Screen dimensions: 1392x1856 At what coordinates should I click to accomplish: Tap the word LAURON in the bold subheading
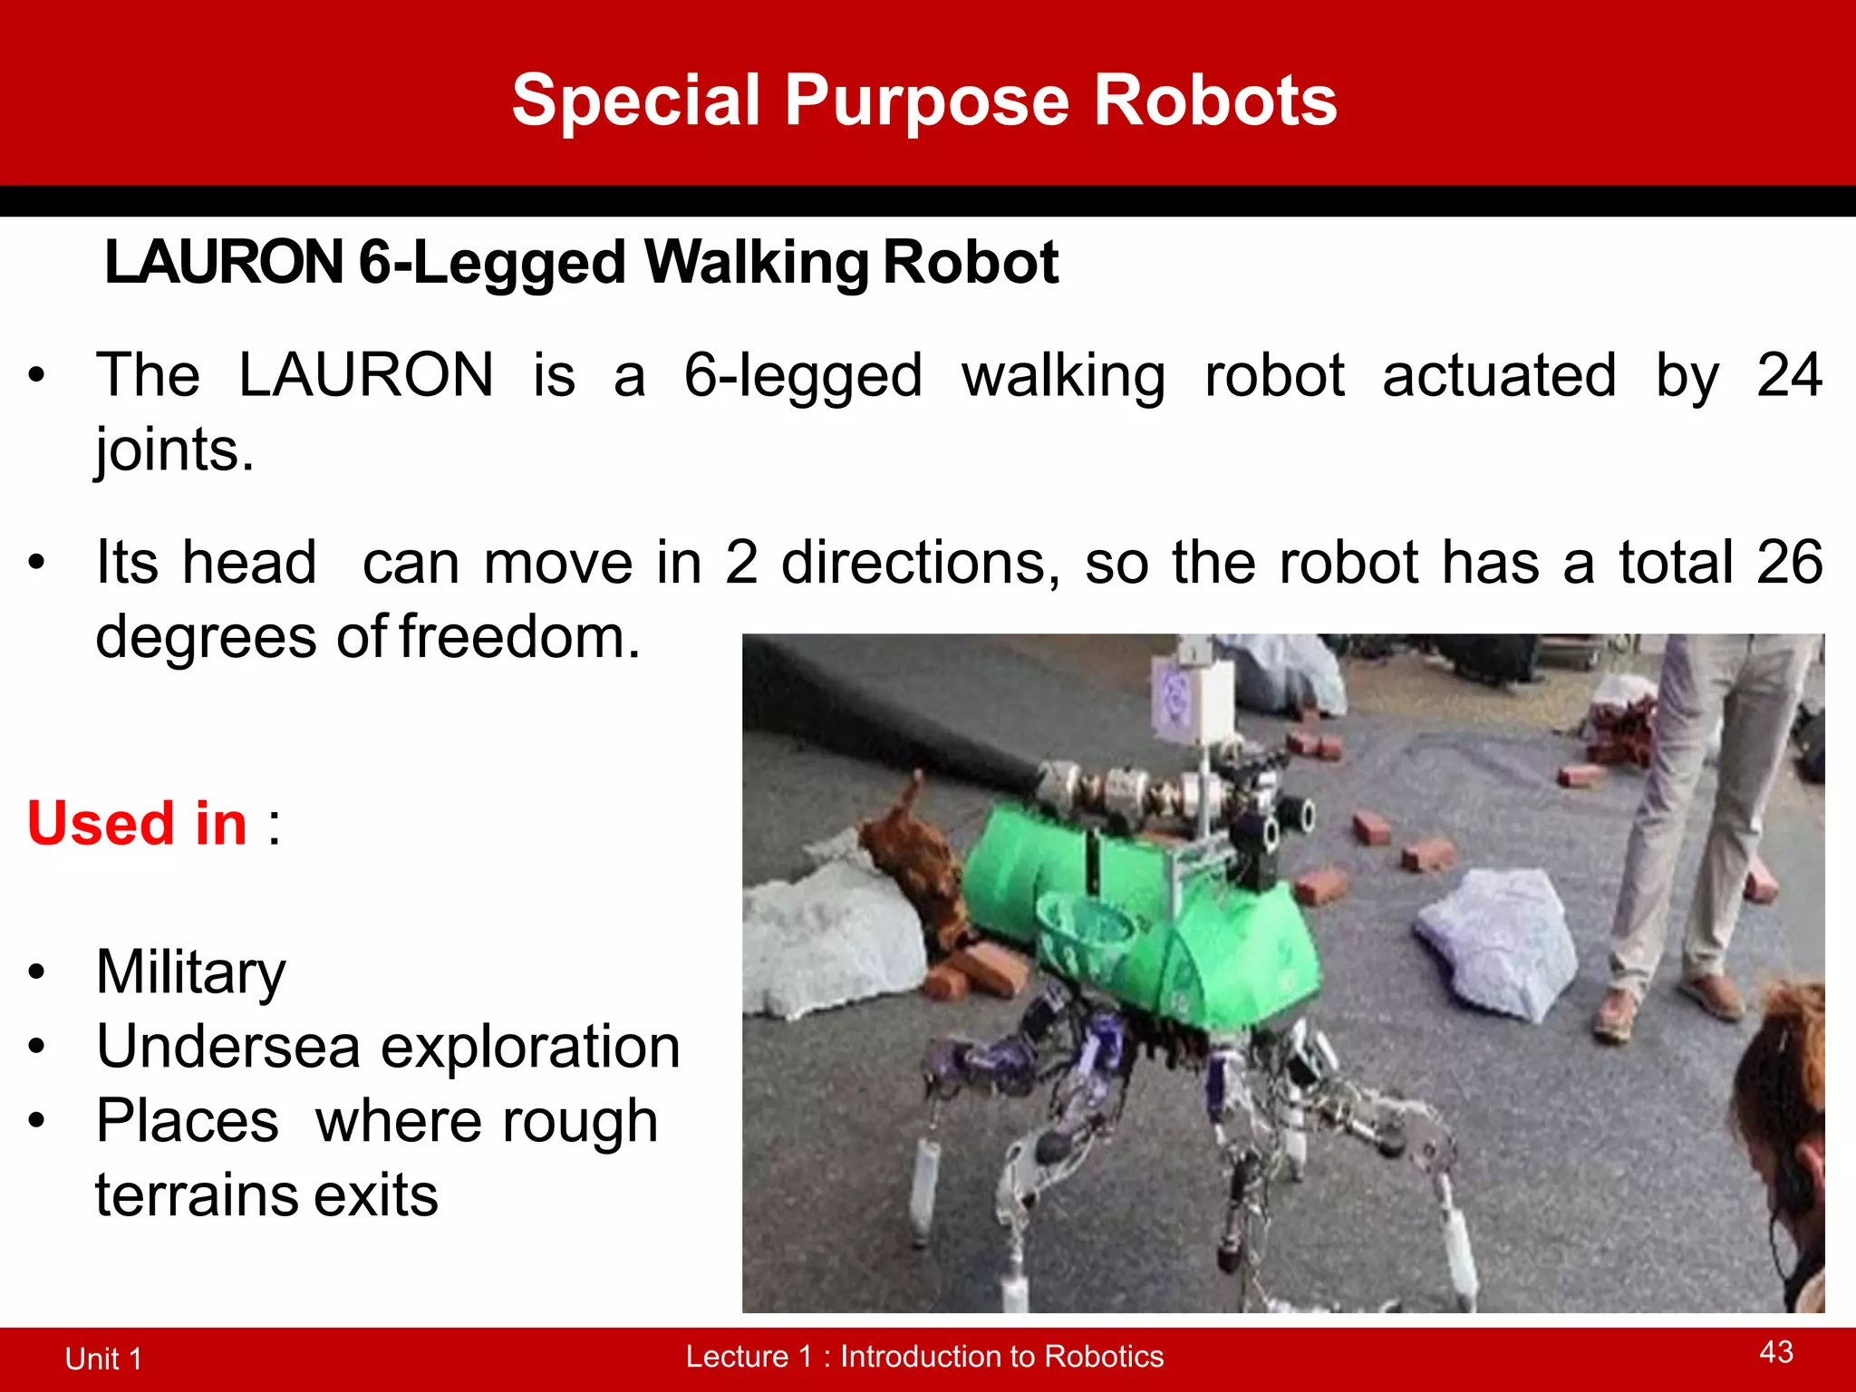click(x=224, y=263)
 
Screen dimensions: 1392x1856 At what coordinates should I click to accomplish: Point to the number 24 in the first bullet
click(x=1789, y=375)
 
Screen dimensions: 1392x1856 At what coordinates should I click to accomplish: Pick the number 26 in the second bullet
click(x=1789, y=563)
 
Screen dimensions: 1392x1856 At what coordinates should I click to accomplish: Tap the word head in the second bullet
click(x=249, y=563)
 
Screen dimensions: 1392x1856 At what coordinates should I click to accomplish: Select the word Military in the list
click(x=191, y=972)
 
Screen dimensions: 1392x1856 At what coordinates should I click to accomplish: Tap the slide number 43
click(x=1776, y=1352)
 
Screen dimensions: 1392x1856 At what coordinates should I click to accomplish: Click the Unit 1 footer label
click(x=103, y=1358)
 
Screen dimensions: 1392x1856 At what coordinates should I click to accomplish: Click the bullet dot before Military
click(x=36, y=972)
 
